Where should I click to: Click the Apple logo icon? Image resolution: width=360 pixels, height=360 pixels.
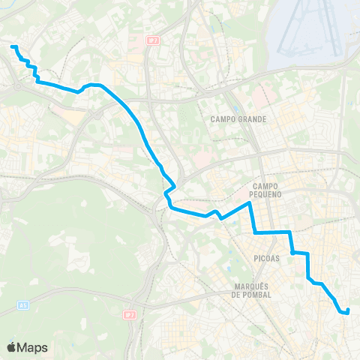click(x=12, y=347)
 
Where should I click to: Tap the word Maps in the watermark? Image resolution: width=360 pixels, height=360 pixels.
click(x=34, y=347)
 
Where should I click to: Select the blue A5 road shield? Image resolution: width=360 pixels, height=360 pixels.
click(x=24, y=306)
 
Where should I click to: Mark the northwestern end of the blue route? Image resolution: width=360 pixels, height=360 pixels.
click(x=13, y=46)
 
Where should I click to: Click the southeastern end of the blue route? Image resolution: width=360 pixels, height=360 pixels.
click(x=347, y=310)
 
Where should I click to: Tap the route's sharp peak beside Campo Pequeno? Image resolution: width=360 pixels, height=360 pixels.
click(x=249, y=202)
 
